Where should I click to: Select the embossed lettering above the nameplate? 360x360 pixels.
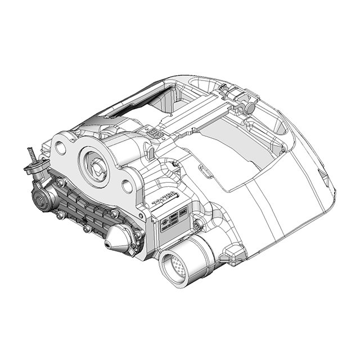pos(165,200)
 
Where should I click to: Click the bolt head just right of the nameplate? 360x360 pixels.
pos(196,226)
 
